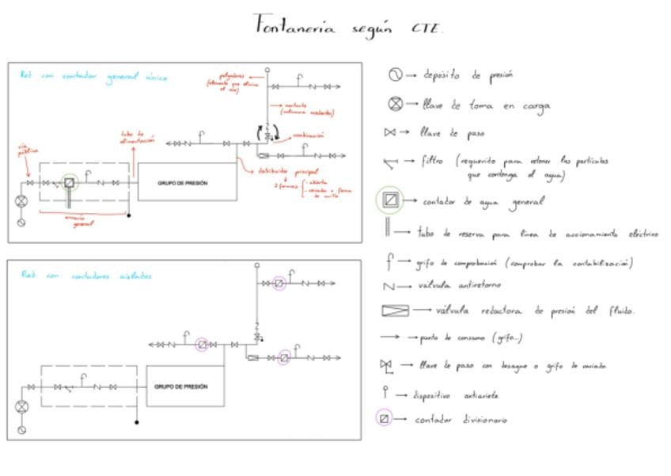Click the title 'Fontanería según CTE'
pyautogui.click(x=348, y=26)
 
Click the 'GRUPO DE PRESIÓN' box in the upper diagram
pyautogui.click(x=188, y=182)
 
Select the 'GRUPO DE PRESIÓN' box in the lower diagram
pyautogui.click(x=180, y=387)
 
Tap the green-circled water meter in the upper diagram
pyautogui.click(x=70, y=183)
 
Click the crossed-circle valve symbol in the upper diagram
pyautogui.click(x=21, y=201)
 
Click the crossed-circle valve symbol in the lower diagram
pyautogui.click(x=21, y=406)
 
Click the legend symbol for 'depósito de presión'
pyautogui.click(x=394, y=75)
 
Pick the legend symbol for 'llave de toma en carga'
pyautogui.click(x=394, y=104)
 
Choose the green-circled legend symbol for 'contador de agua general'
pyautogui.click(x=389, y=201)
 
